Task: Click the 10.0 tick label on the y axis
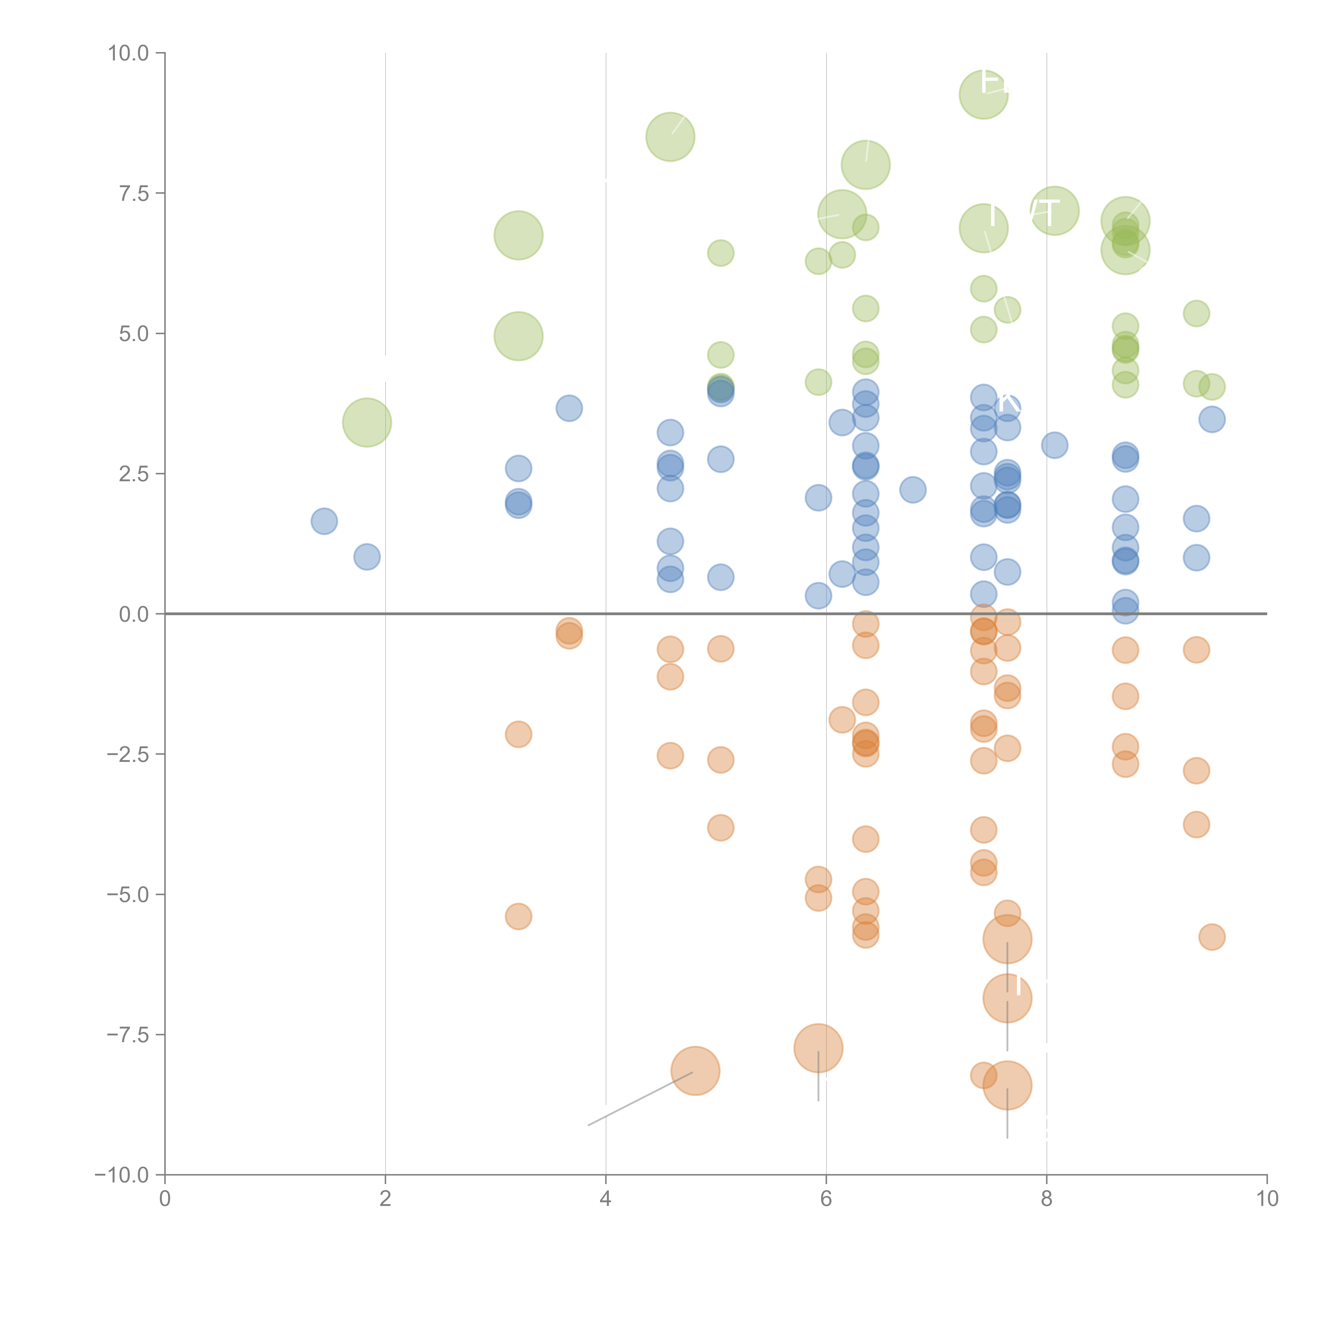click(129, 53)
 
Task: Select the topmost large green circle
click(983, 94)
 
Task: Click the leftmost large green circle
click(367, 422)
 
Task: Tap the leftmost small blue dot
click(324, 521)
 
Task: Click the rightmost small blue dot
click(1211, 419)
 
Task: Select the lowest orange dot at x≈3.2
click(518, 916)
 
